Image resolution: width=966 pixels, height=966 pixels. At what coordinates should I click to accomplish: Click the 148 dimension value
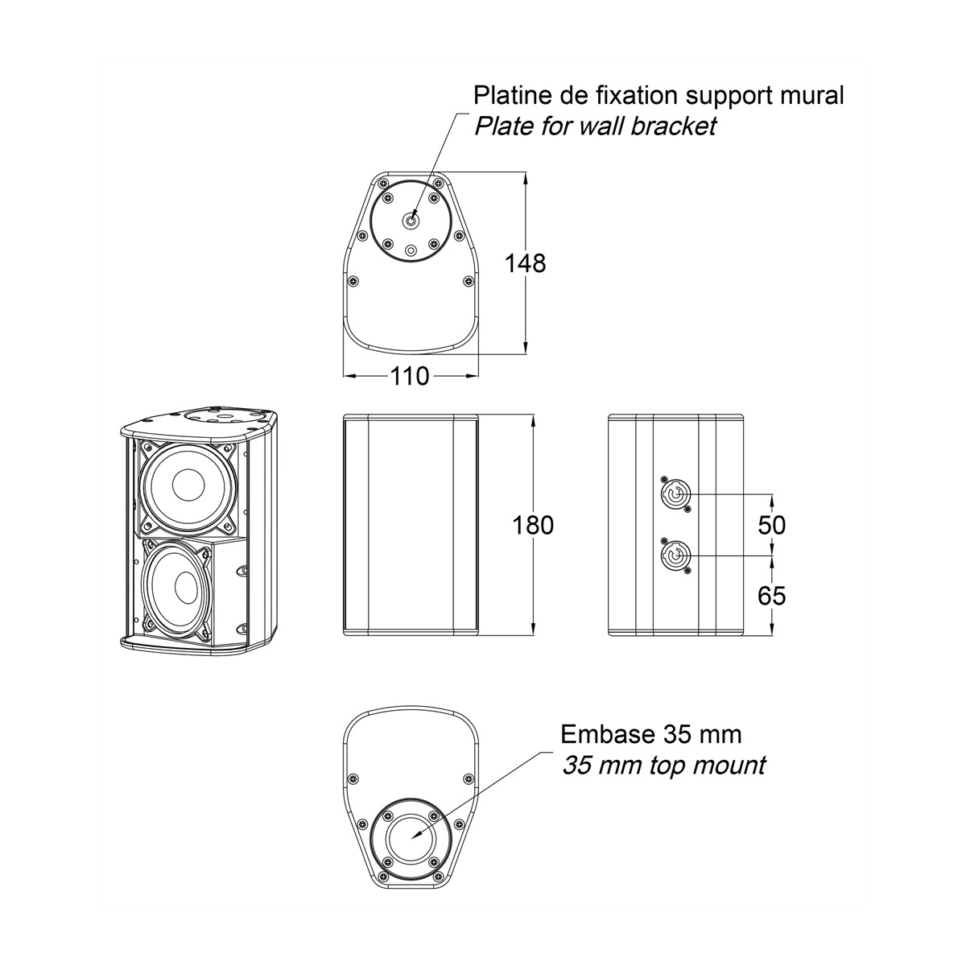tap(525, 263)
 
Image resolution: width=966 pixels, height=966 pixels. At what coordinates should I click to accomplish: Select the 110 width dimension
tap(410, 376)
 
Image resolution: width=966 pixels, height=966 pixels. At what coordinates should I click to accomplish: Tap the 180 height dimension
tap(533, 526)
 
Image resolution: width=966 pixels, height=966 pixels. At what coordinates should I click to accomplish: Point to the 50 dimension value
tap(771, 525)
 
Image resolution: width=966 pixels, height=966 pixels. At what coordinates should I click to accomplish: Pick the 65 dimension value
tap(771, 596)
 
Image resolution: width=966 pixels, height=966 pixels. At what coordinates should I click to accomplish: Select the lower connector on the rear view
tap(675, 556)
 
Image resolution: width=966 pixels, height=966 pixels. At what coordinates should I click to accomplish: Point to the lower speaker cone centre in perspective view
tap(184, 588)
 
